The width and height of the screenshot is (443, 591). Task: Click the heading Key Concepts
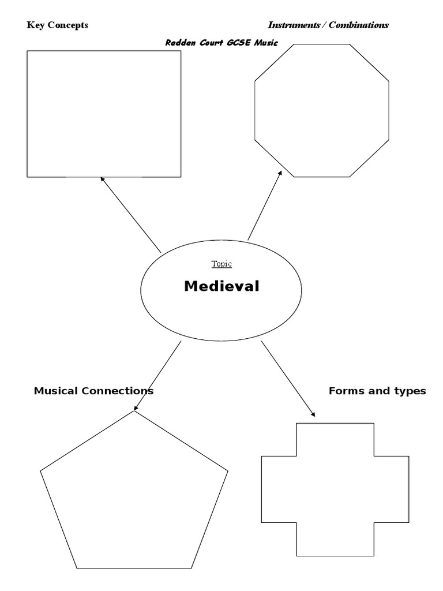pyautogui.click(x=57, y=25)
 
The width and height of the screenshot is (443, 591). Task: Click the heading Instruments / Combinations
pyautogui.click(x=328, y=25)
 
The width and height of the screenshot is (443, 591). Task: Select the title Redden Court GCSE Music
pyautogui.click(x=221, y=43)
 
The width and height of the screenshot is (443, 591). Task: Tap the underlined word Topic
pyautogui.click(x=221, y=264)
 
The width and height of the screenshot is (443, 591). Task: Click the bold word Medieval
pyautogui.click(x=221, y=286)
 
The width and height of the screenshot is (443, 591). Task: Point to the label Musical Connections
pyautogui.click(x=93, y=391)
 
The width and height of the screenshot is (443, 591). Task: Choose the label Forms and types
pyautogui.click(x=377, y=391)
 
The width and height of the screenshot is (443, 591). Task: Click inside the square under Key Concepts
pyautogui.click(x=104, y=113)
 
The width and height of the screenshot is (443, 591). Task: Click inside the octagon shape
pyautogui.click(x=322, y=110)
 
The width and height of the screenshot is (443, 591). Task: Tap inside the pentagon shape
pyautogui.click(x=134, y=496)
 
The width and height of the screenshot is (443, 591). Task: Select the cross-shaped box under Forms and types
pyautogui.click(x=335, y=489)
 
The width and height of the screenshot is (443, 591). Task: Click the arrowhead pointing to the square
pyautogui.click(x=103, y=179)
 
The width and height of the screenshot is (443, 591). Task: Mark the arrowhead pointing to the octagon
pyautogui.click(x=280, y=173)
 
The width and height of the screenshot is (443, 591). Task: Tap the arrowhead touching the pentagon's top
pyautogui.click(x=136, y=407)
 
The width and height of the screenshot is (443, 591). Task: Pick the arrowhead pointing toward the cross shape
pyautogui.click(x=313, y=414)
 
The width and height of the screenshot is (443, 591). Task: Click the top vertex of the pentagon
pyautogui.click(x=134, y=412)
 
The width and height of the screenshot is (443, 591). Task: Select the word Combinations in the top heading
pyautogui.click(x=358, y=25)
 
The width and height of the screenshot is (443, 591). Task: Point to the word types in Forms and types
pyautogui.click(x=411, y=391)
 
